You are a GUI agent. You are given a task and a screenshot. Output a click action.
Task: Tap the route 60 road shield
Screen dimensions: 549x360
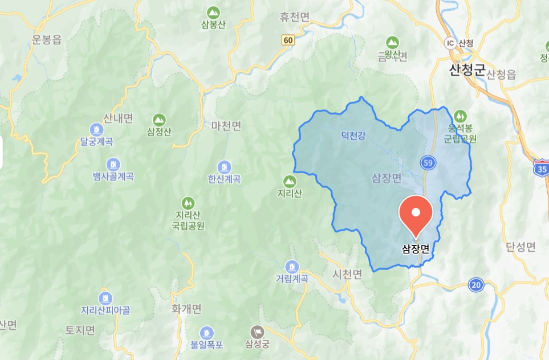(x=288, y=40)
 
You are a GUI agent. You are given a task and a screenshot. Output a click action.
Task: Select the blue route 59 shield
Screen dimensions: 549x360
(x=428, y=163)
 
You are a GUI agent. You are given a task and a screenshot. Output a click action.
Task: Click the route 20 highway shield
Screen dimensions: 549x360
(x=475, y=285)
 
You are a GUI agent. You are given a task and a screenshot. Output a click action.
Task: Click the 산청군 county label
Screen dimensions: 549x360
(x=466, y=71)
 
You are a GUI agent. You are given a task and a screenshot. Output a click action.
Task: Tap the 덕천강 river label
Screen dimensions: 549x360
(x=353, y=136)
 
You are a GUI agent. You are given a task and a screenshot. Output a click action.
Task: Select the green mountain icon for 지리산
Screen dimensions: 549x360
(x=290, y=182)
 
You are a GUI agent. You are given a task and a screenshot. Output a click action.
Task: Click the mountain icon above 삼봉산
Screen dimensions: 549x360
(x=213, y=12)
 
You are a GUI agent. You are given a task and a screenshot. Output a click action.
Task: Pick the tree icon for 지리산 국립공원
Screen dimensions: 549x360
(x=188, y=202)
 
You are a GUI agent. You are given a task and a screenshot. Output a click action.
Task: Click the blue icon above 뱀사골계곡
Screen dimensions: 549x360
(x=113, y=164)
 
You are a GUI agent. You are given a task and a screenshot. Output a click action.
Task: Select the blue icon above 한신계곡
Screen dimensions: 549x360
(x=225, y=166)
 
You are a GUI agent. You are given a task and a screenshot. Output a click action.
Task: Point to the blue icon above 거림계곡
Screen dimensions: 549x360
(x=291, y=266)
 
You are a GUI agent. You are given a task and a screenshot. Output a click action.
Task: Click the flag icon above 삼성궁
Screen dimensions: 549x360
(x=257, y=332)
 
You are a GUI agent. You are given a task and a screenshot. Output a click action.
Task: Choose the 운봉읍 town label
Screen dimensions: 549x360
(x=47, y=39)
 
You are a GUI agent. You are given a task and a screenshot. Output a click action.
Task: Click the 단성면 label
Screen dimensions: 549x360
(x=520, y=247)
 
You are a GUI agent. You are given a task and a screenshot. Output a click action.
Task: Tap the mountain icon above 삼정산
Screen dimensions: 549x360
(x=159, y=120)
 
